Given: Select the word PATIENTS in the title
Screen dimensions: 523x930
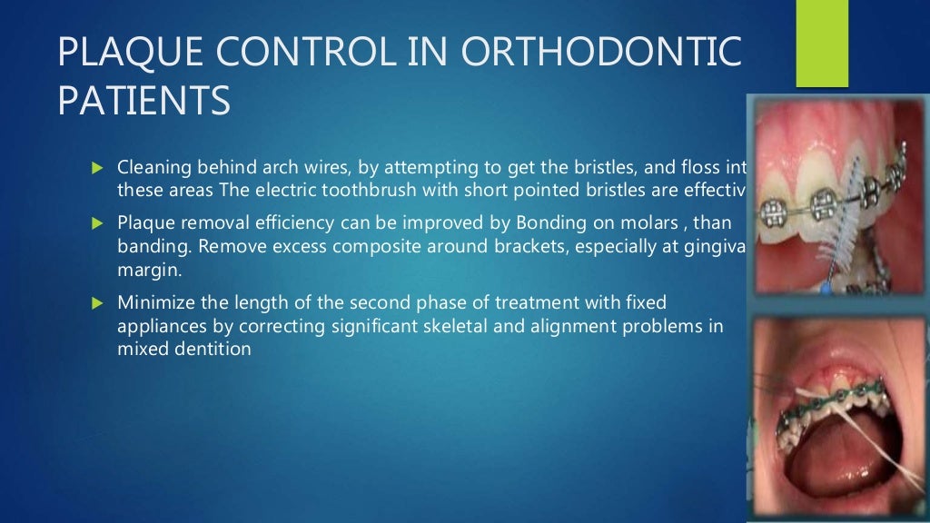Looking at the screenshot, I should point(143,102).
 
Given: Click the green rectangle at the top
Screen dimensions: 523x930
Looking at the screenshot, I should point(822,43).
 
